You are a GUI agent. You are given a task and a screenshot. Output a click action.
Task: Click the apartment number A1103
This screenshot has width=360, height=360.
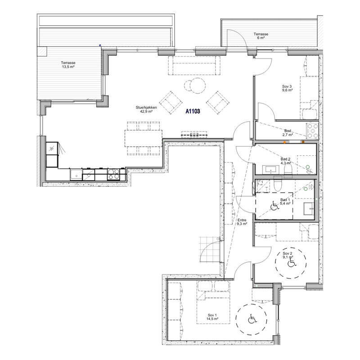pyautogui.click(x=193, y=111)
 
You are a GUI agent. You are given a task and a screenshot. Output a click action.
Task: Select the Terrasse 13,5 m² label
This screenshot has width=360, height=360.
pyautogui.click(x=68, y=65)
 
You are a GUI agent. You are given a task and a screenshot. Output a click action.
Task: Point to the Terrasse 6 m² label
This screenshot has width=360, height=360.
pyautogui.click(x=261, y=36)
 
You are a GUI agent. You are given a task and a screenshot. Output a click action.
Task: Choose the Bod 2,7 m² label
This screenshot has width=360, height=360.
pyautogui.click(x=288, y=133)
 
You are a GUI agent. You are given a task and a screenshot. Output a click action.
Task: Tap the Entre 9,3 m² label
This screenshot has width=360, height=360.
pyautogui.click(x=242, y=222)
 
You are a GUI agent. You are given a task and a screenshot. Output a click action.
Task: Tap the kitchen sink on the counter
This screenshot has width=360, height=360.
pyautogui.click(x=76, y=175)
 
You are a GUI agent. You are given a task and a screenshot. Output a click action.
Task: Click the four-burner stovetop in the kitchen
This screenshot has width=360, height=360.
pyautogui.click(x=113, y=174)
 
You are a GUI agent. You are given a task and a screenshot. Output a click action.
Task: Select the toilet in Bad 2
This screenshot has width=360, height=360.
pyautogui.click(x=288, y=171)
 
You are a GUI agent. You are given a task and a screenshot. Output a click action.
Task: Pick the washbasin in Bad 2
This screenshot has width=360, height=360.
pyautogui.click(x=271, y=170)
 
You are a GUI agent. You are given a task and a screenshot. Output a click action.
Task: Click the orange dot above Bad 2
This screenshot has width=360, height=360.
pyautogui.click(x=285, y=142)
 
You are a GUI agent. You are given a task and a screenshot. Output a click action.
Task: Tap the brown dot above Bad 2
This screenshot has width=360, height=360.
pyautogui.click(x=303, y=142)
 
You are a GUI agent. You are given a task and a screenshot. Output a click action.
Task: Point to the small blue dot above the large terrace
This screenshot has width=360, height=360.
pyautogui.click(x=100, y=45)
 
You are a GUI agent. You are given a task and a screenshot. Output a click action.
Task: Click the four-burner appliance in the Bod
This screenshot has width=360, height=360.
pyautogui.click(x=312, y=131)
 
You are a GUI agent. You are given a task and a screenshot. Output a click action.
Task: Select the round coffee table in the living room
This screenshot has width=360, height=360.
pyautogui.click(x=198, y=85)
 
